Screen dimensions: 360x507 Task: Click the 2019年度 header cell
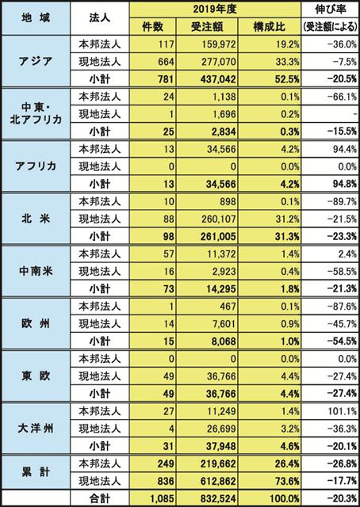(215, 9)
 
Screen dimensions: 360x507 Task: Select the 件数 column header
(153, 27)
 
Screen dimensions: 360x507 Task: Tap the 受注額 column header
(207, 27)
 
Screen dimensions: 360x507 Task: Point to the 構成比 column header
(270, 27)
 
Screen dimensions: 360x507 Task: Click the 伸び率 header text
(331, 9)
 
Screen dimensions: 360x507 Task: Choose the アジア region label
(36, 62)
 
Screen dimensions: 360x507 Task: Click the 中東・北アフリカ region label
(36, 114)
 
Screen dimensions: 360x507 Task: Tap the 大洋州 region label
(36, 429)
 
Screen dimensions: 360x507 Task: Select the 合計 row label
(99, 499)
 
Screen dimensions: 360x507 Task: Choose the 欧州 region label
(36, 324)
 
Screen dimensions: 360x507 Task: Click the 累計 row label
(36, 472)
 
